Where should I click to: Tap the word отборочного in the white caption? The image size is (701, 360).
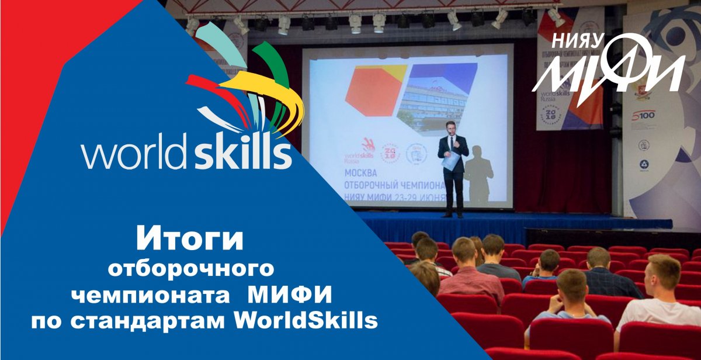coord(192,269)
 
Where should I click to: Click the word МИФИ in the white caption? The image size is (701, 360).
coord(290,295)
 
